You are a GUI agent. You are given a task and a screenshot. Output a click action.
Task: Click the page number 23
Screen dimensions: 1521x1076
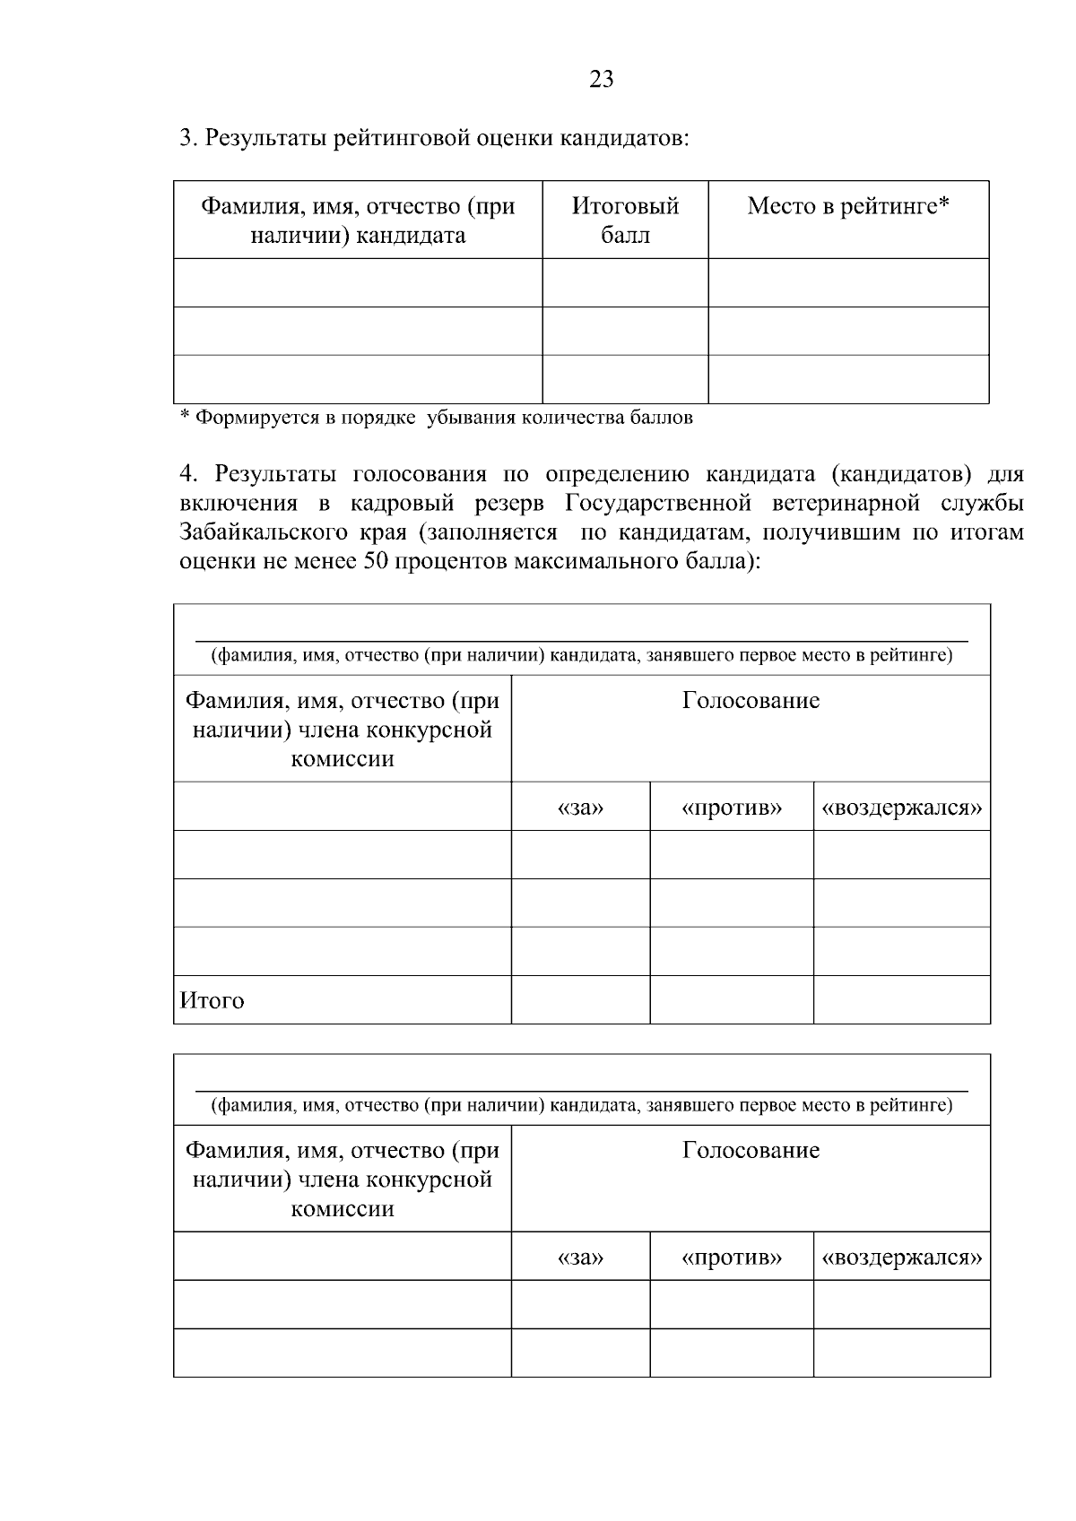click(602, 80)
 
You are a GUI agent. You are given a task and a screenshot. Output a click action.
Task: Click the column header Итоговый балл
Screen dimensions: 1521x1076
click(625, 220)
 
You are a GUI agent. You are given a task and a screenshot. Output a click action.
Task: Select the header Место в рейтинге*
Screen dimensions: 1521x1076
click(848, 206)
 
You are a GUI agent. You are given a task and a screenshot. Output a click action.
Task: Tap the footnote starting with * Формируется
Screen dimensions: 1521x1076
click(437, 418)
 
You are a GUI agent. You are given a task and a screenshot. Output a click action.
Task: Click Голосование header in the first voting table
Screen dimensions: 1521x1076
click(751, 700)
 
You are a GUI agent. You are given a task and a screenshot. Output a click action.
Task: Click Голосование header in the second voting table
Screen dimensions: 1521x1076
click(751, 1150)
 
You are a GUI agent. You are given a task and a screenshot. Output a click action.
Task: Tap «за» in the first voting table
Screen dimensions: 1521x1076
click(580, 808)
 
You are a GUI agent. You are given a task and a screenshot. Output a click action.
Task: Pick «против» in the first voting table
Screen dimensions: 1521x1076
click(732, 808)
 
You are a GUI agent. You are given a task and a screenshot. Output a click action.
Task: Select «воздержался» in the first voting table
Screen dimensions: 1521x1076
click(902, 808)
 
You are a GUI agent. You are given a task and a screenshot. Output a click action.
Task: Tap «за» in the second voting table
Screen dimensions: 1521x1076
click(580, 1257)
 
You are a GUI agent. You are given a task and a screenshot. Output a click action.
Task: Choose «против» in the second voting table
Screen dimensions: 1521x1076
click(732, 1257)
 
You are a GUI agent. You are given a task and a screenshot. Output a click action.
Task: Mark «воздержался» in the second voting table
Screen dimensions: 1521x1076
click(902, 1257)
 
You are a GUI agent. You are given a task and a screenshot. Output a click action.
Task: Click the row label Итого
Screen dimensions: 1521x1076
click(213, 1000)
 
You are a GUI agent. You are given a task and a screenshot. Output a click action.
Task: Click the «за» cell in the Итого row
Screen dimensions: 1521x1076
click(580, 1000)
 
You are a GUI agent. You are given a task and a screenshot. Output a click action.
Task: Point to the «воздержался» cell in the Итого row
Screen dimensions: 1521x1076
click(902, 1000)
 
